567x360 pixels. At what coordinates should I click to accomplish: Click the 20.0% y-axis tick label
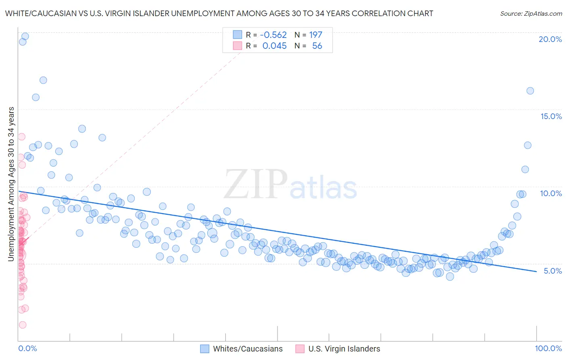[x=550, y=39]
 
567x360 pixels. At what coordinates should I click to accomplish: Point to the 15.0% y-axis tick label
[x=551, y=116]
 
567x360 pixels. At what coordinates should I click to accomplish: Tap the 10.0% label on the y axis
[x=551, y=193]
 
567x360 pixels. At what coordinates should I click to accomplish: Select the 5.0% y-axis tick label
[x=552, y=271]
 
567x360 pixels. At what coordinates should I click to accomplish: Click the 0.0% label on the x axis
[x=27, y=348]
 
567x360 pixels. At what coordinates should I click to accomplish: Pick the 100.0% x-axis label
[x=548, y=348]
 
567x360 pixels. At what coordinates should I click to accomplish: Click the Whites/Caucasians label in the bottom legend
[x=248, y=349]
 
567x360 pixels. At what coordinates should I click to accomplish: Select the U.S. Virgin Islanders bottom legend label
[x=344, y=349]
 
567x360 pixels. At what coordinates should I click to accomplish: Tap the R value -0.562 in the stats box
[x=273, y=35]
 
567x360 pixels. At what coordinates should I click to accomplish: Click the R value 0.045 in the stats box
[x=274, y=46]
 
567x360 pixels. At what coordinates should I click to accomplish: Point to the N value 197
[x=316, y=35]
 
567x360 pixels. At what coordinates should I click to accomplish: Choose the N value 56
[x=317, y=46]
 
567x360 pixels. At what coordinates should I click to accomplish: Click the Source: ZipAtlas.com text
[x=531, y=13]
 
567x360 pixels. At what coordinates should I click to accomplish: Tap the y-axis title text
[x=11, y=184]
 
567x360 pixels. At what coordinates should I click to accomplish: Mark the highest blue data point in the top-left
[x=25, y=36]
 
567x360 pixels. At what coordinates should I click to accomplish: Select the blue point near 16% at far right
[x=530, y=91]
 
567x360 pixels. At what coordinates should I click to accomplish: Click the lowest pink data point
[x=23, y=325]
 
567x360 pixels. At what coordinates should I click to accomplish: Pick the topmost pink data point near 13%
[x=21, y=137]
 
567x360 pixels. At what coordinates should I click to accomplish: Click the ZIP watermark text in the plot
[x=255, y=184]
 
